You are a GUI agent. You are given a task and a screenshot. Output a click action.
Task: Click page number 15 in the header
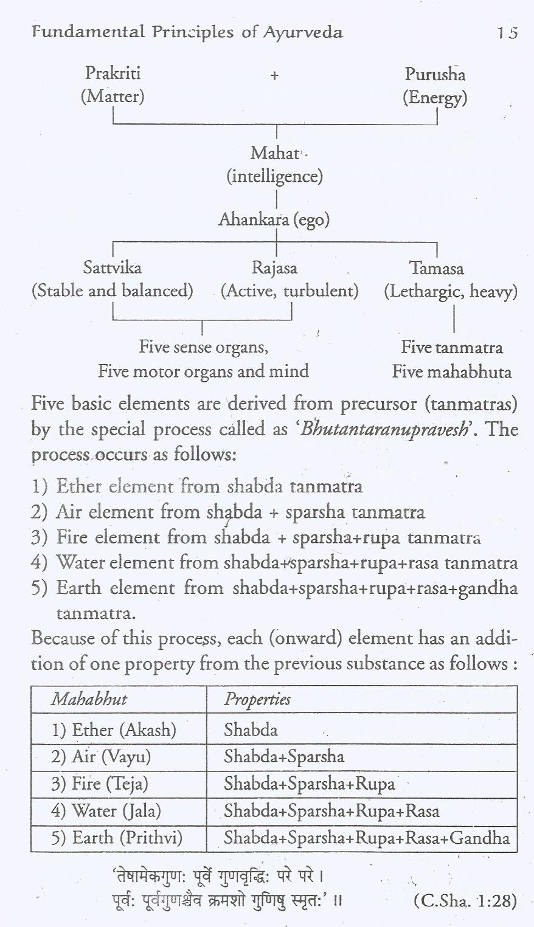(506, 33)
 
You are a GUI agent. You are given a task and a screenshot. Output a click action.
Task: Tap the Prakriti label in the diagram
(113, 74)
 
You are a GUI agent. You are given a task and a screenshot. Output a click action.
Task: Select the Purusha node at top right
(435, 74)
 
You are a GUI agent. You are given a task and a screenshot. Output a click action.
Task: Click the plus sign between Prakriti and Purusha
(274, 75)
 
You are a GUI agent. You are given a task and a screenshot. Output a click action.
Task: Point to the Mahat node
(275, 153)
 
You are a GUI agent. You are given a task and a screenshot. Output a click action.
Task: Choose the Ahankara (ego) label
(274, 219)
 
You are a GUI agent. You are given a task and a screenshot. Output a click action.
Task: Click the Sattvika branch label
(113, 267)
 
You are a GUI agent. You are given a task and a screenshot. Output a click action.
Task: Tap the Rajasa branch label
(274, 267)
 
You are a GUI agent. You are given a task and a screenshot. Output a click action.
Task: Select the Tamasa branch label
(436, 268)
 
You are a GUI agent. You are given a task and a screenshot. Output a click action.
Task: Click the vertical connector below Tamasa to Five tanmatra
(454, 319)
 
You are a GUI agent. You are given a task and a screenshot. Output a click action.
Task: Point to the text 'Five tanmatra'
(452, 348)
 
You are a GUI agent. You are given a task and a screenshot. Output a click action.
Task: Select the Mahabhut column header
(89, 699)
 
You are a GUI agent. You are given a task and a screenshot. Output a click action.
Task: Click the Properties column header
(257, 699)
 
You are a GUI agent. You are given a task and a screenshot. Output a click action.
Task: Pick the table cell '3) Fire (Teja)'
(100, 784)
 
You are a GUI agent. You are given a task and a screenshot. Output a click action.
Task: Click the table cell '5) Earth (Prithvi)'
(117, 838)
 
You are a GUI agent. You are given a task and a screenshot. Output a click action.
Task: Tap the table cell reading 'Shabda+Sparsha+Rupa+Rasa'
(331, 811)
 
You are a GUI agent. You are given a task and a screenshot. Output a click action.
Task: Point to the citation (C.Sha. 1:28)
(465, 900)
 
